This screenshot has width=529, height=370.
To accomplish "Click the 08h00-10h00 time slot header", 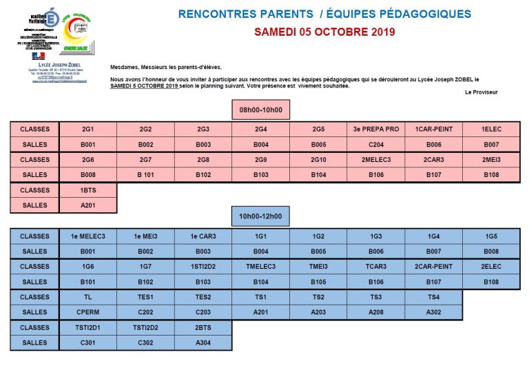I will tap(261, 110).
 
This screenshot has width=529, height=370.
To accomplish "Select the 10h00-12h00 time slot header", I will tap(261, 217).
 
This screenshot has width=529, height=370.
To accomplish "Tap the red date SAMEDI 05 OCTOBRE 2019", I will tap(324, 32).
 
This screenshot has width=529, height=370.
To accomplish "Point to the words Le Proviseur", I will tap(481, 92).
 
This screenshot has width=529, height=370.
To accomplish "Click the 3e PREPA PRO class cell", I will tap(376, 130).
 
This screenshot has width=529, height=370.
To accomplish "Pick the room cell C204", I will tap(376, 145).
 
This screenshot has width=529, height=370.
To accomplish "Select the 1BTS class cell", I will tap(87, 190).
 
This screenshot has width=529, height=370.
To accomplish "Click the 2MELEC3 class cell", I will tap(376, 160).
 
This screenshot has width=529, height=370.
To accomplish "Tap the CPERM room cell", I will tap(87, 312).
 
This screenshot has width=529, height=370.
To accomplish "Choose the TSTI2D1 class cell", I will tap(87, 327).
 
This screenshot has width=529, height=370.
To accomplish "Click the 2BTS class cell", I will tap(203, 327).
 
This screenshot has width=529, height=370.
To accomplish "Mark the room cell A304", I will tap(203, 342).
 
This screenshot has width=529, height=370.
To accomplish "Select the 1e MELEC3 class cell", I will tap(87, 236).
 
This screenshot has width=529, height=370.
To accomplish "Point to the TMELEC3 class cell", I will tap(261, 267).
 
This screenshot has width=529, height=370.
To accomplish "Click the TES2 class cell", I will tap(203, 297).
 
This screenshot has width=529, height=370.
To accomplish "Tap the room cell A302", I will tap(433, 312).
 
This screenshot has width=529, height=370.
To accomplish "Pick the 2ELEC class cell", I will tap(491, 267).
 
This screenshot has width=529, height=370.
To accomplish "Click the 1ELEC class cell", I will tap(491, 130).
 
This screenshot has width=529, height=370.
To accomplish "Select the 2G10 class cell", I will tap(318, 160).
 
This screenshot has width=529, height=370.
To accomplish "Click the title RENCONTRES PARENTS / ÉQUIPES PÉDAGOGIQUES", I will tap(324, 14).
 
